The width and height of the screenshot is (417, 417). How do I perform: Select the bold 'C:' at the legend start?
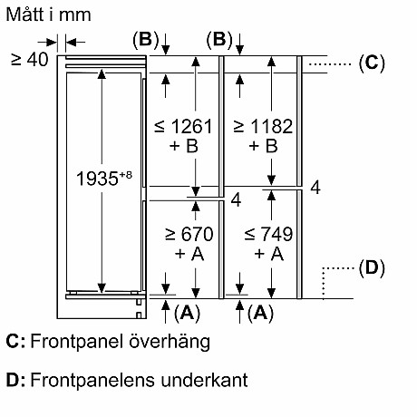pyautogui.click(x=15, y=342)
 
